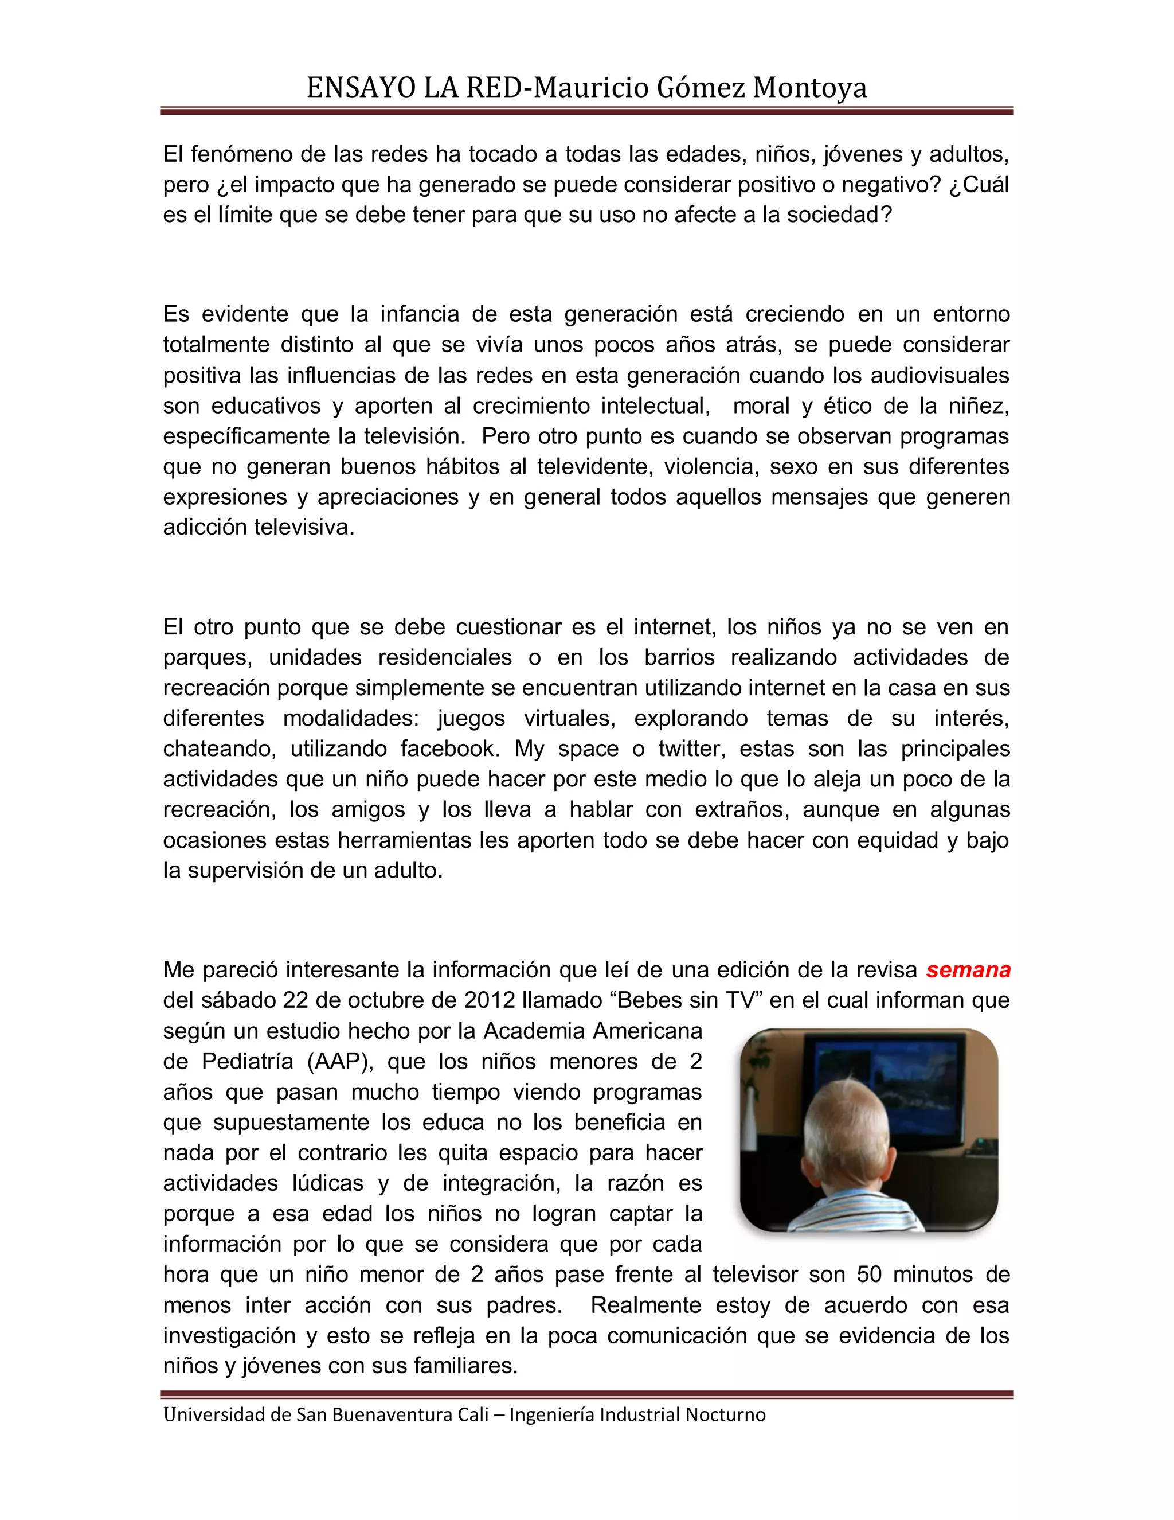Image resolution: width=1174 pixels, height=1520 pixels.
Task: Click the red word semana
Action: pos(968,969)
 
